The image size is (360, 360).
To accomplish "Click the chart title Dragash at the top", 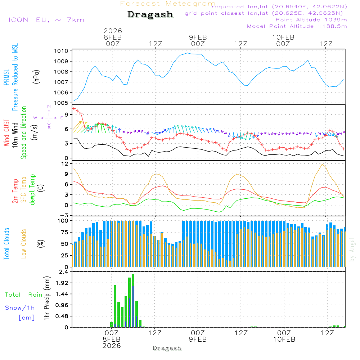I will (x=150, y=15).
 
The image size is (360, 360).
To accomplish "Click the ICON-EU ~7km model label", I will (x=46, y=20).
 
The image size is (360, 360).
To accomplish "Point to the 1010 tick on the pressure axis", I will (x=62, y=51).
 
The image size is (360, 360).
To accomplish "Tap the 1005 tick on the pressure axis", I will (x=62, y=103).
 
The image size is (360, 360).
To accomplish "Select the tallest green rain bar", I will (x=133, y=301).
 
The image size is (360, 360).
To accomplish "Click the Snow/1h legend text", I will (x=20, y=308).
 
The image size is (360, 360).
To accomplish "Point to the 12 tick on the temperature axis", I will (x=65, y=164).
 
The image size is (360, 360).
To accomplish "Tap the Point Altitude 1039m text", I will (x=311, y=19).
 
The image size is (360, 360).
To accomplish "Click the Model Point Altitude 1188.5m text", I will (x=297, y=26).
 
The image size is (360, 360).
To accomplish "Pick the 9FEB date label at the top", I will (x=198, y=37).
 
